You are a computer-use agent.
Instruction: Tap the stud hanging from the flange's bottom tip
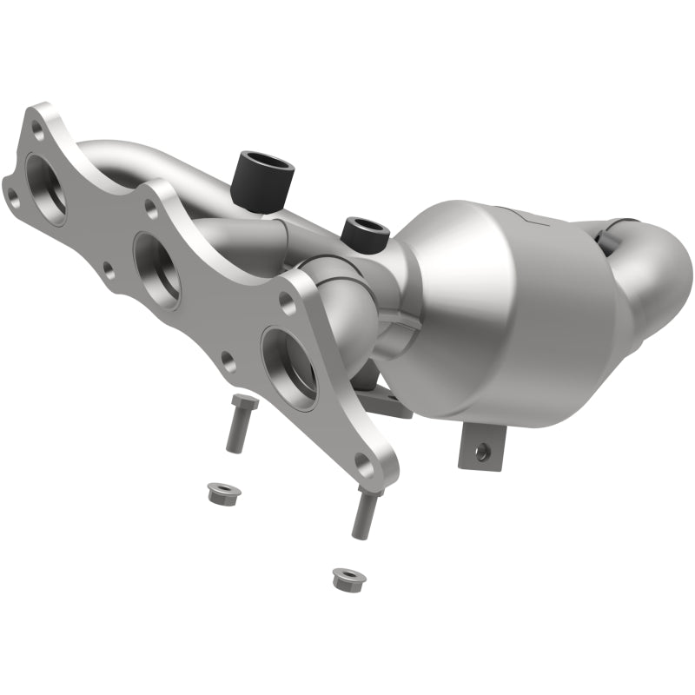365,513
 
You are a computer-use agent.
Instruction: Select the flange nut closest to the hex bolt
218,492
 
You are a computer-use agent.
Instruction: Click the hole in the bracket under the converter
477,450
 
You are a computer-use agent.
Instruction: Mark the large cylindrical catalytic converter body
521,321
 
